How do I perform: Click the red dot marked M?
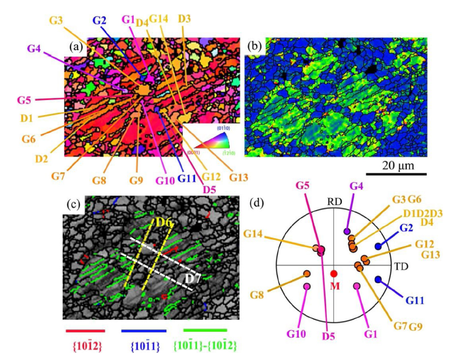point(334,274)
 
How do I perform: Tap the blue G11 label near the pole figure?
point(415,300)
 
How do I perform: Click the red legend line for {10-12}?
point(85,330)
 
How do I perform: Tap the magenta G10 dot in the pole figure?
point(307,287)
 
